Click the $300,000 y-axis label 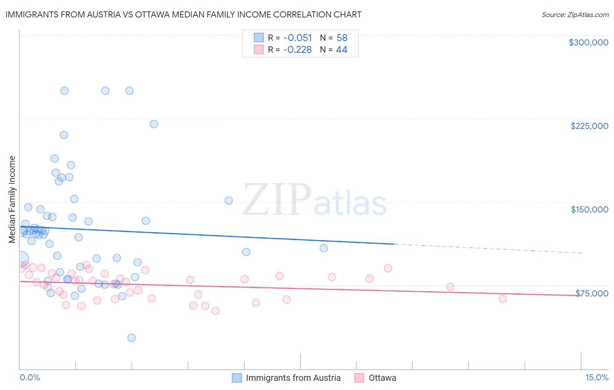pos(588,42)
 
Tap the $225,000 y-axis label pos(589,126)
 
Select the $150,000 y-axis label pos(589,209)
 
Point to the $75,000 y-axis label pos(592,293)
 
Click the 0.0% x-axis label pos(30,377)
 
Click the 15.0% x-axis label pos(597,377)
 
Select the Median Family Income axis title pos(12,199)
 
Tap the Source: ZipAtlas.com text pos(575,15)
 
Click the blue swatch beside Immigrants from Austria pos(237,378)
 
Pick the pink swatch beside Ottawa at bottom pos(359,378)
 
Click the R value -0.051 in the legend pos(297,38)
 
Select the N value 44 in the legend pos(341,49)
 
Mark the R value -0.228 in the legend pos(297,49)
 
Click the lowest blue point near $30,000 pos(131,338)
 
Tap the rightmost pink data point pos(503,299)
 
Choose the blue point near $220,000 pos(154,124)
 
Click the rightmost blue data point pos(324,248)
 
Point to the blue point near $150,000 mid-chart pos(228,201)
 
